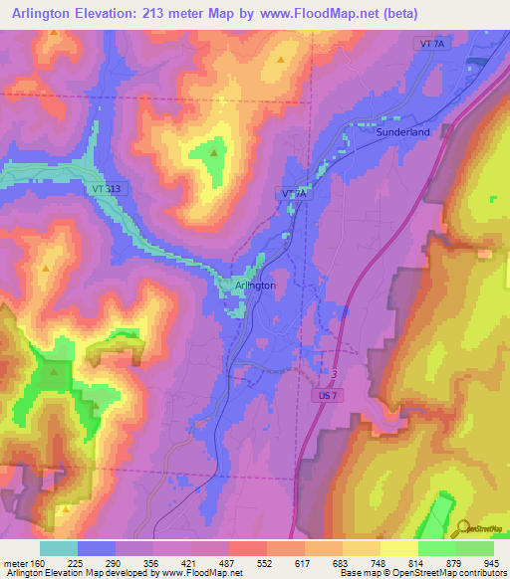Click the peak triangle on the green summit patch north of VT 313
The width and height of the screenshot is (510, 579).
[213, 152]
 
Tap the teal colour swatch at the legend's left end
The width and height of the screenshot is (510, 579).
[58, 547]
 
